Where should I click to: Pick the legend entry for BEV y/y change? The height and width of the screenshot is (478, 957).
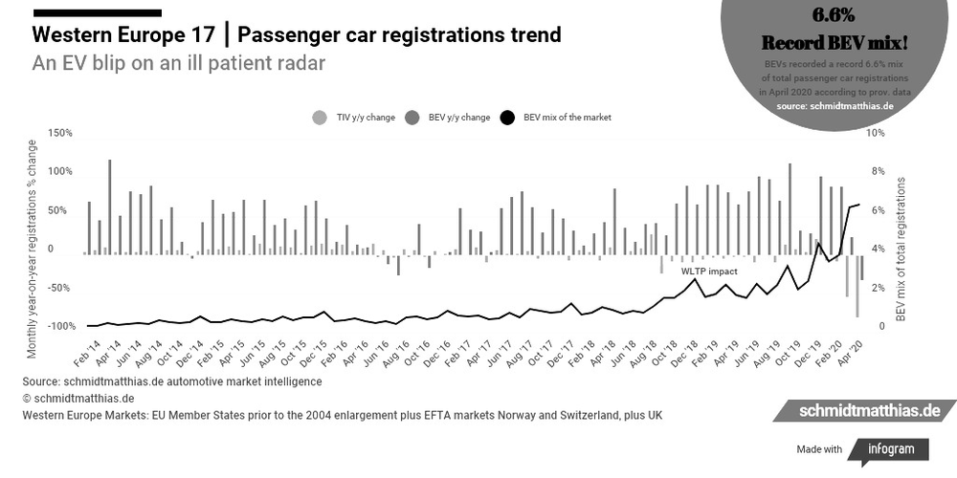coord(449,118)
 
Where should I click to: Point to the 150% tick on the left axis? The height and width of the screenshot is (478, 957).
coord(60,132)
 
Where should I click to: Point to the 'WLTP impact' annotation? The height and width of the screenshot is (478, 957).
coord(709,272)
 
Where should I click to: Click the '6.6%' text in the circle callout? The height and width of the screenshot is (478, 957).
coord(833,17)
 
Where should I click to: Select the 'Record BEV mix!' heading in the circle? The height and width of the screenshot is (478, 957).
coord(833,43)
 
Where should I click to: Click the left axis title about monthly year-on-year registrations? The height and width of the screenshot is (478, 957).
coord(33,249)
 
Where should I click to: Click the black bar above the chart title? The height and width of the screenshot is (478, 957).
coord(97,12)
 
